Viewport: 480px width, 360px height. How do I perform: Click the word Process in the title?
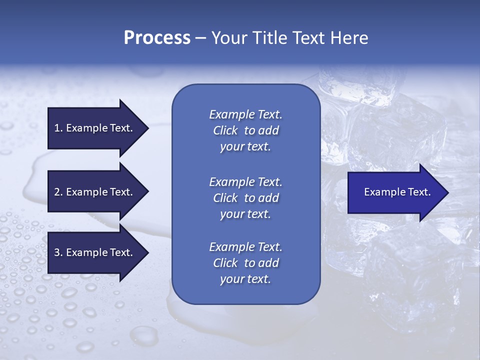[x=157, y=38]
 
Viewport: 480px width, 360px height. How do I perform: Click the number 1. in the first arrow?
[x=58, y=128]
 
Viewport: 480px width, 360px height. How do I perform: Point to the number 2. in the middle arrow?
[x=58, y=192]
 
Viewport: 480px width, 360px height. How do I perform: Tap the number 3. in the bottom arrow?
[x=58, y=252]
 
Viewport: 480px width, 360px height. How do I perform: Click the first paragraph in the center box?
[x=245, y=130]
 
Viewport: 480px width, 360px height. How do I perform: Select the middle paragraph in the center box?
[x=245, y=198]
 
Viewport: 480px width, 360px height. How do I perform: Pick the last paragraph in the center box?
[x=245, y=263]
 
